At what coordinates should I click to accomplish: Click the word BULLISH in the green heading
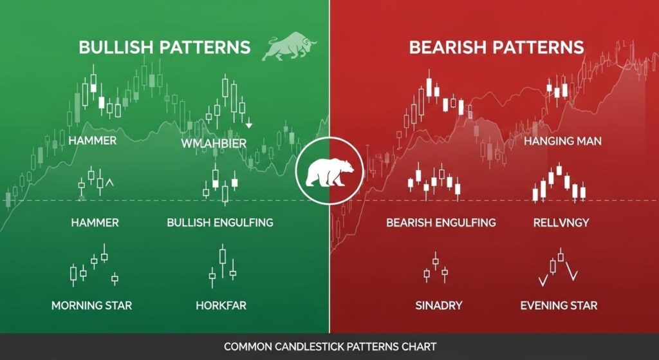(116, 47)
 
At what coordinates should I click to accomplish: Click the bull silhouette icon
(289, 48)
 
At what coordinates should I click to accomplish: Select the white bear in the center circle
(329, 171)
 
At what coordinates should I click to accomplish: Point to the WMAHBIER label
(214, 144)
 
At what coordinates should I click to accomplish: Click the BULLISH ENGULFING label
(220, 222)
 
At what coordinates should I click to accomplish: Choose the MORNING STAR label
(91, 305)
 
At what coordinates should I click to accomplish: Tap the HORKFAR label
(221, 305)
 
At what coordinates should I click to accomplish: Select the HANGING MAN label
(562, 141)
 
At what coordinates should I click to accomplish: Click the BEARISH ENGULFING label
(441, 222)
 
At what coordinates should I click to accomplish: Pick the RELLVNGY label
(561, 222)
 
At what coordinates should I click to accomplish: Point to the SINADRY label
(439, 305)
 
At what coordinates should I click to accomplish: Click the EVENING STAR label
(559, 305)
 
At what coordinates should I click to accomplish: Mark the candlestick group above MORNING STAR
(94, 265)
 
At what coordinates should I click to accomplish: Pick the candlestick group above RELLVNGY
(559, 183)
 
